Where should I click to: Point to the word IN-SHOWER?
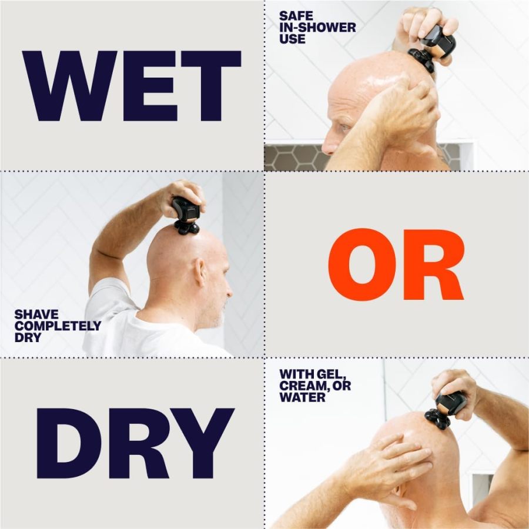[x=317, y=28]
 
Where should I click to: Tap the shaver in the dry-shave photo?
[x=186, y=215]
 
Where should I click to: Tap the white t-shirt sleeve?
[x=106, y=300]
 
